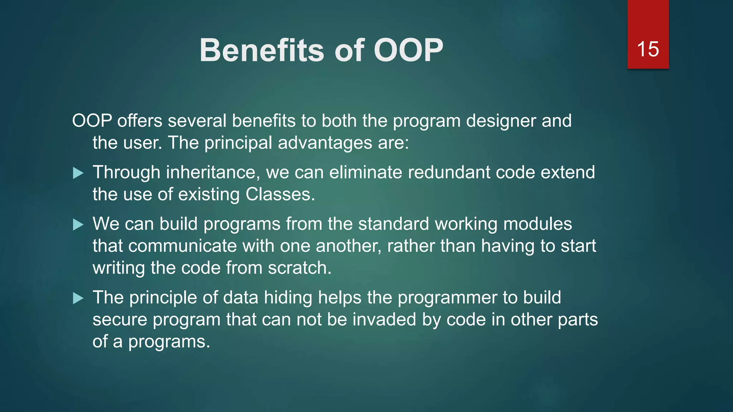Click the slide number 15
point(648,49)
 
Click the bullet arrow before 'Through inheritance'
point(78,173)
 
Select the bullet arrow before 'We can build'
point(78,225)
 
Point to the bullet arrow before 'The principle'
point(78,298)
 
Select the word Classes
point(280,195)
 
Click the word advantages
point(325,143)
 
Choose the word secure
point(120,320)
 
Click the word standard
point(393,224)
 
